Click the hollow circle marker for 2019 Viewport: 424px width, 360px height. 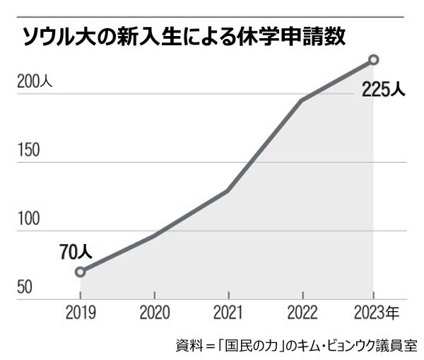coord(80,272)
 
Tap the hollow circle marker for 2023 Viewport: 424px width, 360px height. coord(374,60)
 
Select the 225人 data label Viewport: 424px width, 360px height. coord(383,90)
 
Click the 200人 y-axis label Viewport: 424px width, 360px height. coord(34,82)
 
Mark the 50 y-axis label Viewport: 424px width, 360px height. coord(24,288)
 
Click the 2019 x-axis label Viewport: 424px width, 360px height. coord(80,312)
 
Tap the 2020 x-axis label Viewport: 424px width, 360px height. coord(154,312)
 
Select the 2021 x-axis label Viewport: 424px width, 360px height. coord(228,312)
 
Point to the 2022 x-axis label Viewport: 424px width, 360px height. coord(302,312)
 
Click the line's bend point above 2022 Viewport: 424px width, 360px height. coord(302,100)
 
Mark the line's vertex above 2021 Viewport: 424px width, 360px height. coord(228,191)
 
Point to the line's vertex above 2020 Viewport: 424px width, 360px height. coord(154,236)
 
